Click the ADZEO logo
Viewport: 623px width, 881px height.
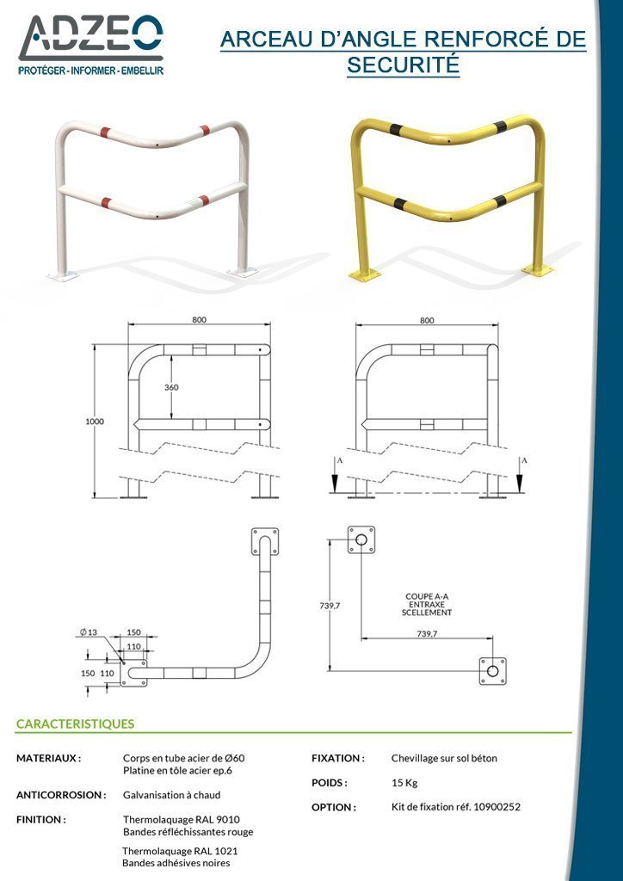click(91, 45)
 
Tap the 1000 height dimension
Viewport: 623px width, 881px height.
click(95, 422)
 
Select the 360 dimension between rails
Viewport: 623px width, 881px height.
click(171, 388)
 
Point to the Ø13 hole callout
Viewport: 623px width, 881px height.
click(88, 632)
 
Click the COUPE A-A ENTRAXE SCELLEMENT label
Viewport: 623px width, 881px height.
click(427, 605)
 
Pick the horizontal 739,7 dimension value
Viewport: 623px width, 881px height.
click(427, 633)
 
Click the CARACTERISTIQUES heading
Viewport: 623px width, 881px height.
click(75, 724)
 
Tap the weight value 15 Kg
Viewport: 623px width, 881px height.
click(404, 783)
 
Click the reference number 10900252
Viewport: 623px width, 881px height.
click(497, 807)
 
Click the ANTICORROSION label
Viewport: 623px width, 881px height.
click(61, 795)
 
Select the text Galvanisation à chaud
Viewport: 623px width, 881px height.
click(171, 795)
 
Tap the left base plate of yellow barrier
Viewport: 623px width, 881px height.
click(365, 274)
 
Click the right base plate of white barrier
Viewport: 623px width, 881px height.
click(243, 273)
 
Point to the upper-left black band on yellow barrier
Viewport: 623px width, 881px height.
click(398, 129)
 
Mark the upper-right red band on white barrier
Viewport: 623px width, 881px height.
click(205, 131)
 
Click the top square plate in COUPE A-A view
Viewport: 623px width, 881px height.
click(361, 540)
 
